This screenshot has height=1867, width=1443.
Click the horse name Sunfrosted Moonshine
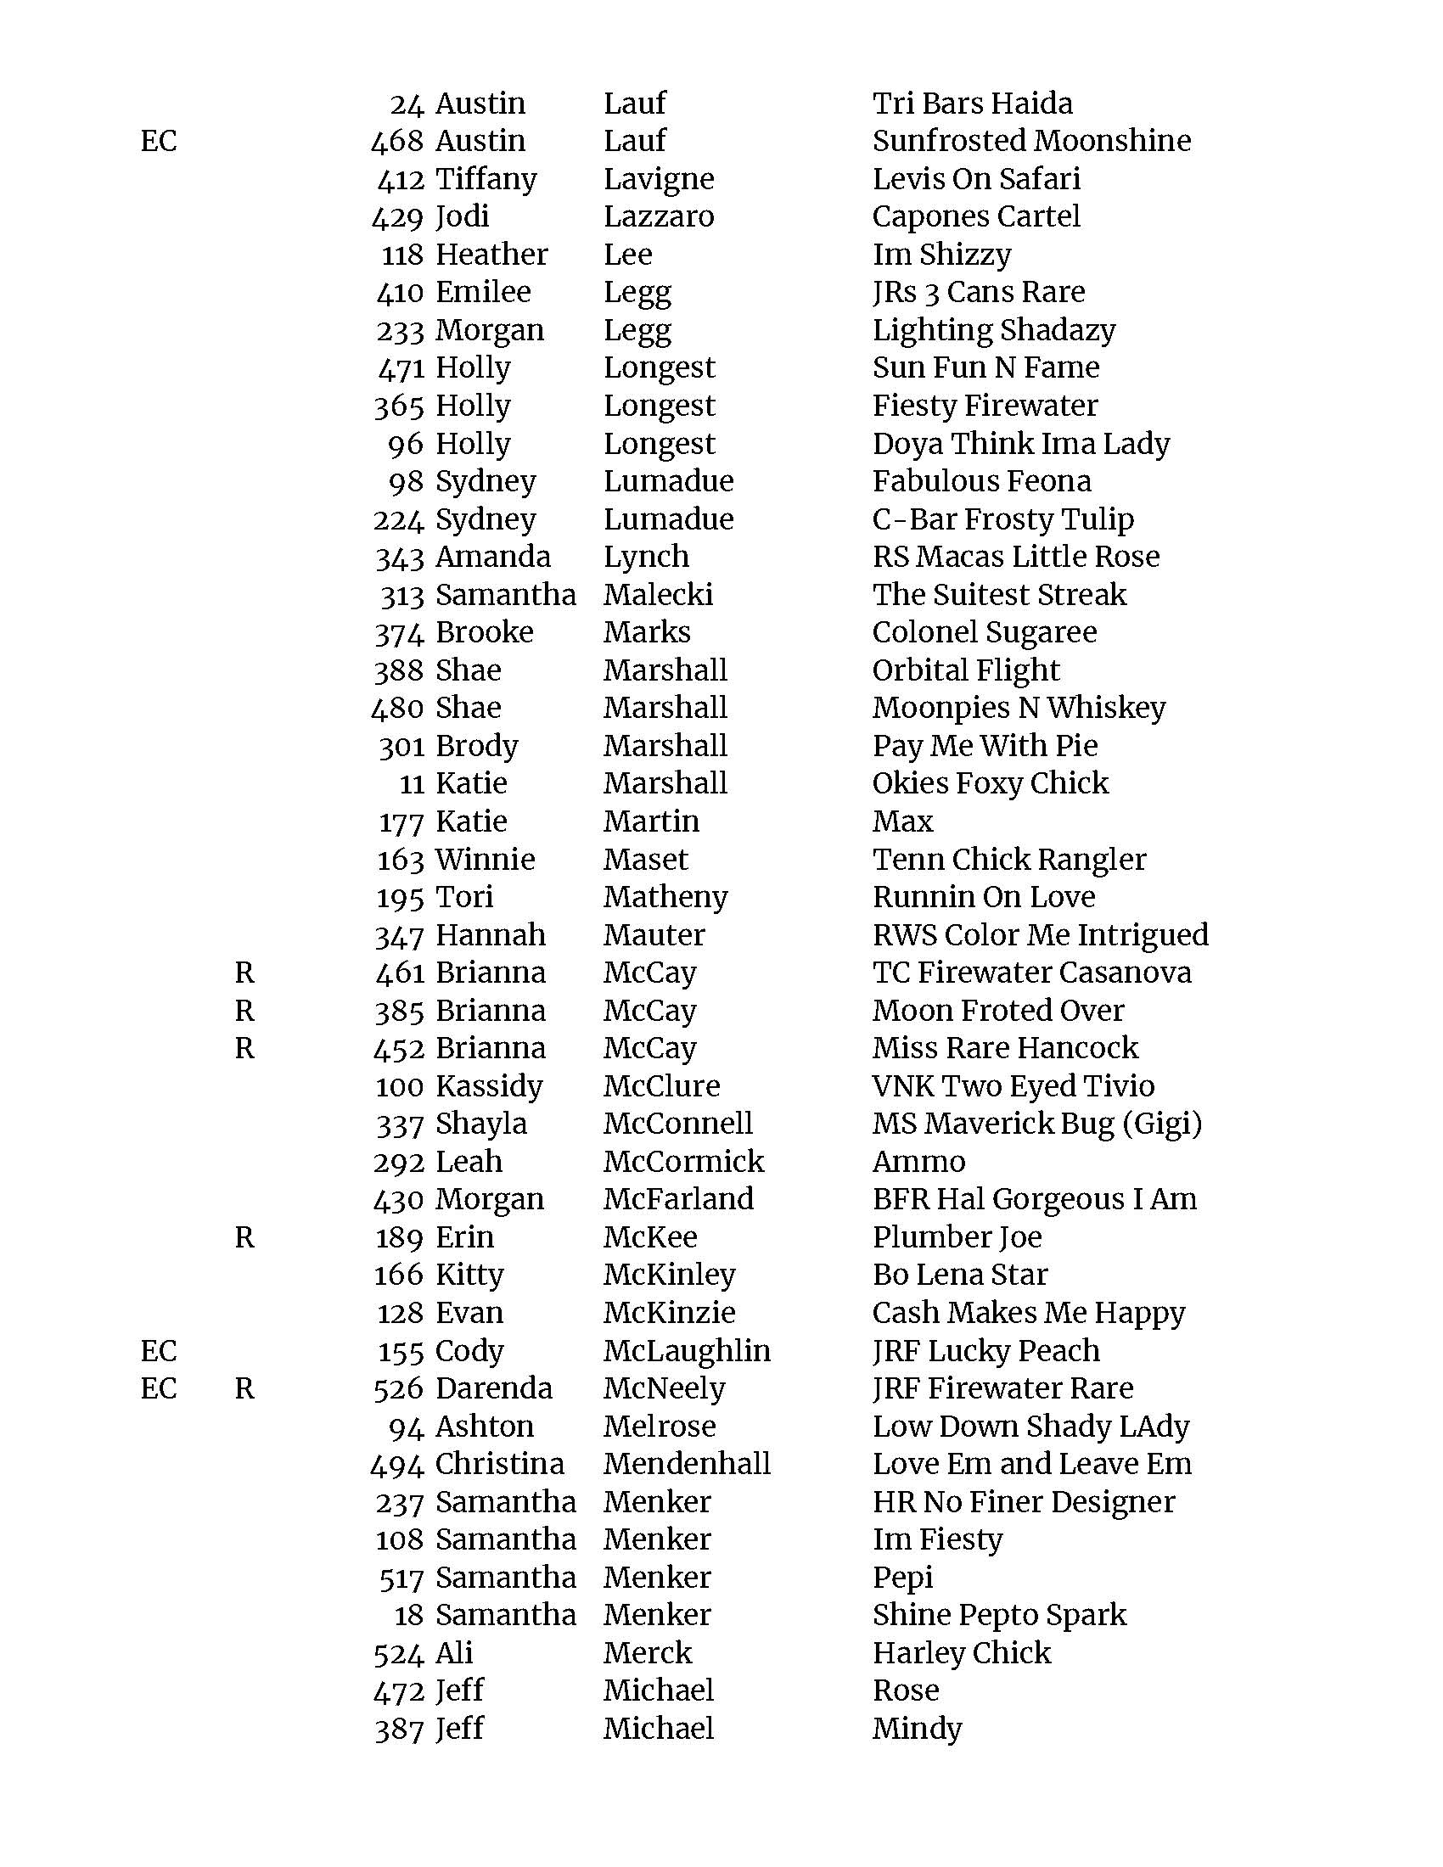(1031, 141)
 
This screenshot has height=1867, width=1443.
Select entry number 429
(398, 217)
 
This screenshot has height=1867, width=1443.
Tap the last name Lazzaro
(658, 216)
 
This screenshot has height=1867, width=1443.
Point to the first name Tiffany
(486, 180)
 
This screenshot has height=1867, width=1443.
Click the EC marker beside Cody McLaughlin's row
(158, 1351)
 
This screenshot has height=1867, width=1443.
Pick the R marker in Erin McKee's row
(244, 1237)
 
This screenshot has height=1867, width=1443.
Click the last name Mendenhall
(687, 1464)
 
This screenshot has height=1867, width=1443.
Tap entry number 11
(411, 784)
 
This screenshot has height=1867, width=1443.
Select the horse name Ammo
(918, 1162)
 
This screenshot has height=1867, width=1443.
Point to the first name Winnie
(485, 859)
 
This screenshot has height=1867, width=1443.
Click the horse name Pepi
(901, 1578)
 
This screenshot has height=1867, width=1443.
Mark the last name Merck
(647, 1652)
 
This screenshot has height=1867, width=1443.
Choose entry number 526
(398, 1388)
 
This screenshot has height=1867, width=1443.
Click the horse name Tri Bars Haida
(972, 104)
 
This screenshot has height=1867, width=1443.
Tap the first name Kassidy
(489, 1086)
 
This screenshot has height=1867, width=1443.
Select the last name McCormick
(683, 1162)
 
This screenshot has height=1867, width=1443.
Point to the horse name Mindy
(917, 1729)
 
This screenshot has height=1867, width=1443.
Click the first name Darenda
(493, 1388)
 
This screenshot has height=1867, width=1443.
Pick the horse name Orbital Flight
(965, 670)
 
